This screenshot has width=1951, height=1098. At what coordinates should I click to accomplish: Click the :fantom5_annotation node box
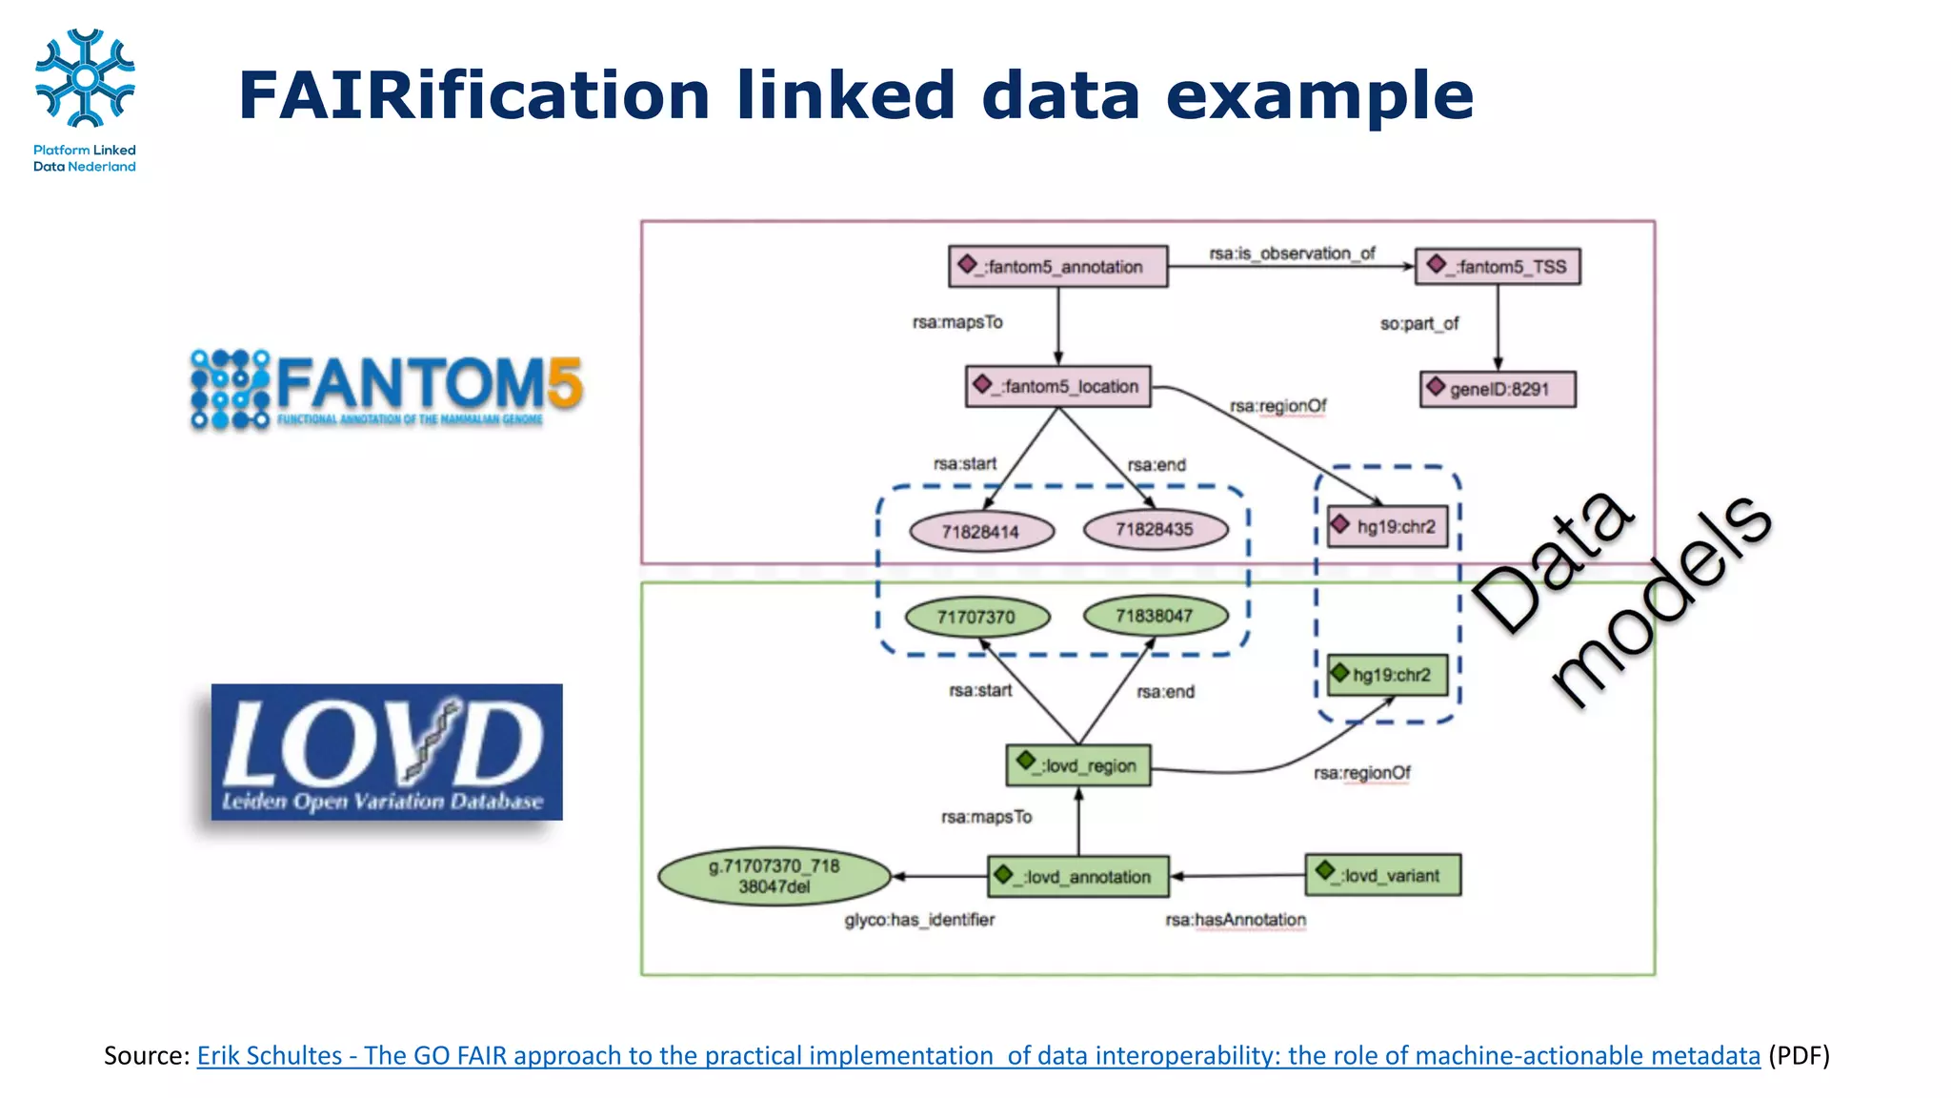(1057, 266)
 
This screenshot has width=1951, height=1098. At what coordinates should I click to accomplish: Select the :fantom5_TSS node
(1498, 266)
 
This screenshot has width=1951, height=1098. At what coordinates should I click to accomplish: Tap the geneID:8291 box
(1498, 389)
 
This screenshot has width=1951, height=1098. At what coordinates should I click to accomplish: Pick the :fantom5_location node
(1057, 386)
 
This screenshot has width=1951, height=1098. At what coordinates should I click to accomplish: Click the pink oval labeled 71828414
(981, 531)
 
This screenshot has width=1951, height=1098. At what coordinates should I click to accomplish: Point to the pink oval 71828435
(1155, 529)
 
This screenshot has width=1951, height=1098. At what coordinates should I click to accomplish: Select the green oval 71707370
(976, 617)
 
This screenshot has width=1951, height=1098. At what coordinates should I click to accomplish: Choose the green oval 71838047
(1155, 616)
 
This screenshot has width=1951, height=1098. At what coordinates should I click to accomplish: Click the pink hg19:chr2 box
(1388, 526)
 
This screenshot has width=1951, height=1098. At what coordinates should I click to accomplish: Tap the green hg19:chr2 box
(1387, 675)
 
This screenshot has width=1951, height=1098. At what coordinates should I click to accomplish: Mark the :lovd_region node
(1078, 765)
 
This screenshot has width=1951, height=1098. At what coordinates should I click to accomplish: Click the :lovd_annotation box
(1078, 876)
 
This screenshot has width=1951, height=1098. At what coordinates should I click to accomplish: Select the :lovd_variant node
(1382, 875)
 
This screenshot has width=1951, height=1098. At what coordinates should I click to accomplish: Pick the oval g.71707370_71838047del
(774, 876)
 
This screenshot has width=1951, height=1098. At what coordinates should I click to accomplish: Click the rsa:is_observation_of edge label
(1292, 254)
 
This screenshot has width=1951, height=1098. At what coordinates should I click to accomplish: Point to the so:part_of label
(1419, 324)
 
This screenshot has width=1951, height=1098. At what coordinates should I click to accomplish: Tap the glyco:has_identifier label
(919, 920)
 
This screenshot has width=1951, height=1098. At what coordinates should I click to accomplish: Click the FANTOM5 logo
(386, 390)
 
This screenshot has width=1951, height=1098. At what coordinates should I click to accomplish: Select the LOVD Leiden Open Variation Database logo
(387, 752)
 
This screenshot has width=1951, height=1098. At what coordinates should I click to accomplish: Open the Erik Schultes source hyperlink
(977, 1056)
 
